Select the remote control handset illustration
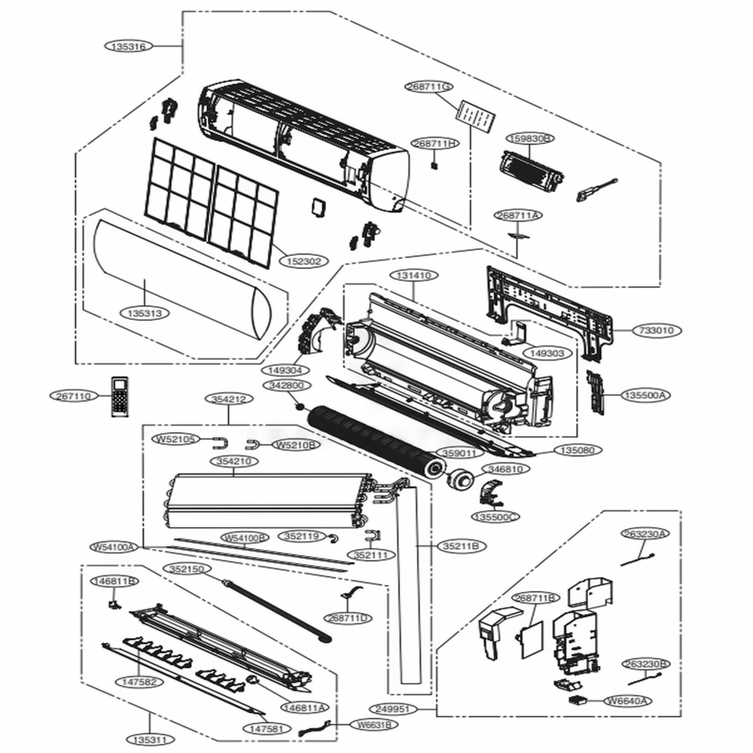click(x=120, y=395)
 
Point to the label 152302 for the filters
click(x=304, y=261)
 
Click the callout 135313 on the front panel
click(x=145, y=312)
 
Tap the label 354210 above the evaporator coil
click(x=233, y=461)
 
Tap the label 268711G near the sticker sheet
click(x=430, y=87)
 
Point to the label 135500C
click(x=495, y=517)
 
